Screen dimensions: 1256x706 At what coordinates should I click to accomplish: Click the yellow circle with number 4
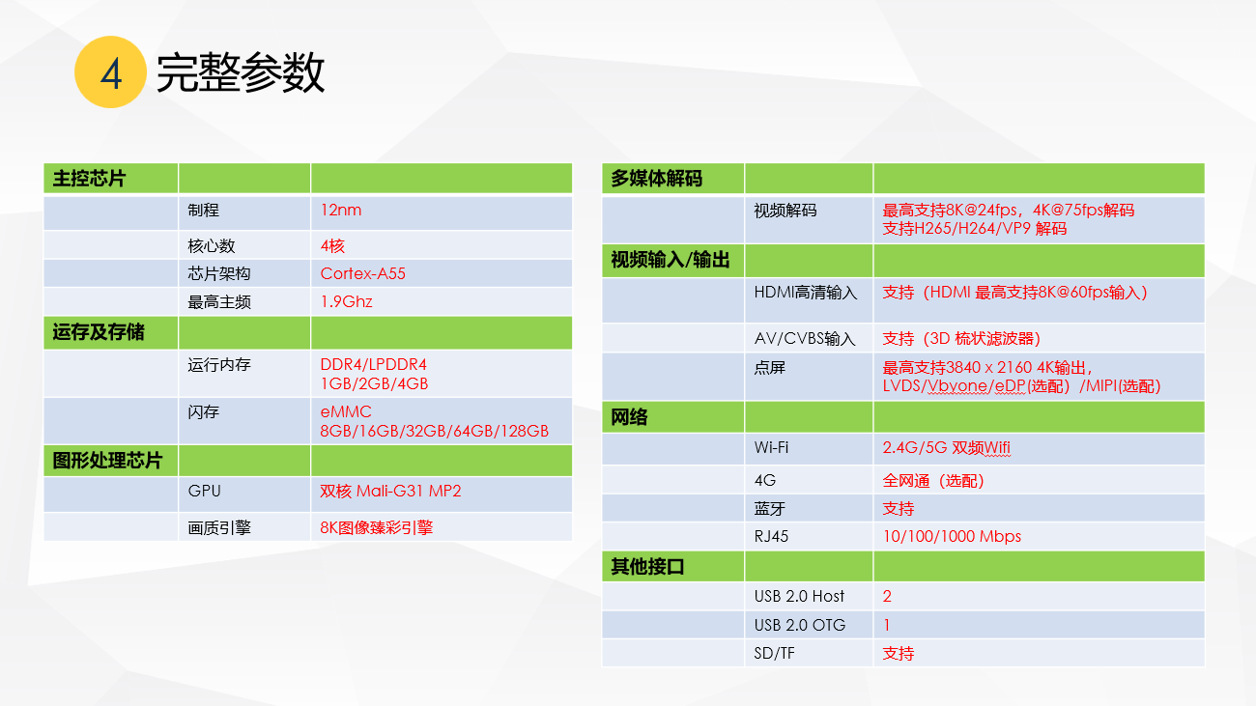pyautogui.click(x=110, y=72)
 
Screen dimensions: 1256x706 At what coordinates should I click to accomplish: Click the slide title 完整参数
pyautogui.click(x=241, y=72)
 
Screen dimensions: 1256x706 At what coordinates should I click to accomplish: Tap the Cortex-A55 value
pyautogui.click(x=362, y=273)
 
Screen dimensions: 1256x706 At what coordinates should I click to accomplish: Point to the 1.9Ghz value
pyautogui.click(x=346, y=301)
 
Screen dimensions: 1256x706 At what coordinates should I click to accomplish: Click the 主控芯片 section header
pyautogui.click(x=89, y=179)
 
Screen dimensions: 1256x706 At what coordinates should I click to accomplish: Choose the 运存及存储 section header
pyautogui.click(x=99, y=332)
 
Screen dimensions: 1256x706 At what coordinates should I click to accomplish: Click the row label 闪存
pyautogui.click(x=204, y=412)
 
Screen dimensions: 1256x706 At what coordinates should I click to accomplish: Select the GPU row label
pyautogui.click(x=204, y=491)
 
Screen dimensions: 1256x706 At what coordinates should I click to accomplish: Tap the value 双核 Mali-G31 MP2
pyautogui.click(x=390, y=491)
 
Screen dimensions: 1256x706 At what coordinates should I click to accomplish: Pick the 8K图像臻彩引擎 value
pyautogui.click(x=376, y=527)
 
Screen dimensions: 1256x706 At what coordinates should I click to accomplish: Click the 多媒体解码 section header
pyautogui.click(x=657, y=179)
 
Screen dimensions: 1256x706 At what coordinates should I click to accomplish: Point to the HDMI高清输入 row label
pyautogui.click(x=806, y=293)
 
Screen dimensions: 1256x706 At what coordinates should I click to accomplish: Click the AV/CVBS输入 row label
pyautogui.click(x=805, y=338)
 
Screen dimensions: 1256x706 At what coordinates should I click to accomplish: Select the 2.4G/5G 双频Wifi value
pyautogui.click(x=947, y=448)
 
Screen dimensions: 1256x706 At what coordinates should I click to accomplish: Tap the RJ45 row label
pyautogui.click(x=771, y=536)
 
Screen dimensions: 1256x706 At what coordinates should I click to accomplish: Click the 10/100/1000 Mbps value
pyautogui.click(x=952, y=536)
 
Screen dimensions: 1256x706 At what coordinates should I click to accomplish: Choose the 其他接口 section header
pyautogui.click(x=647, y=567)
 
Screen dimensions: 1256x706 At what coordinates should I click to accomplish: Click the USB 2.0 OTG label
pyautogui.click(x=800, y=625)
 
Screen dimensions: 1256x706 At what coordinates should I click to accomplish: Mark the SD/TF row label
pyautogui.click(x=774, y=653)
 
